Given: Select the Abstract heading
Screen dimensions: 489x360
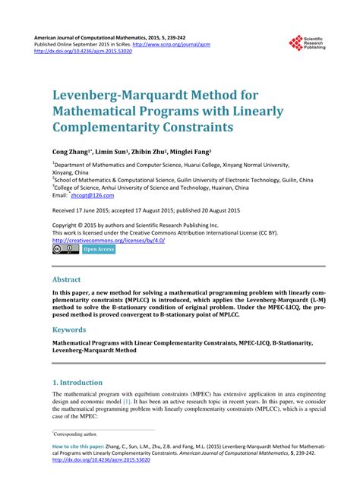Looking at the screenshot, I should [x=67, y=279].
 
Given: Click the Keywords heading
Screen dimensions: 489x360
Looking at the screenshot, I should [x=70, y=330].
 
